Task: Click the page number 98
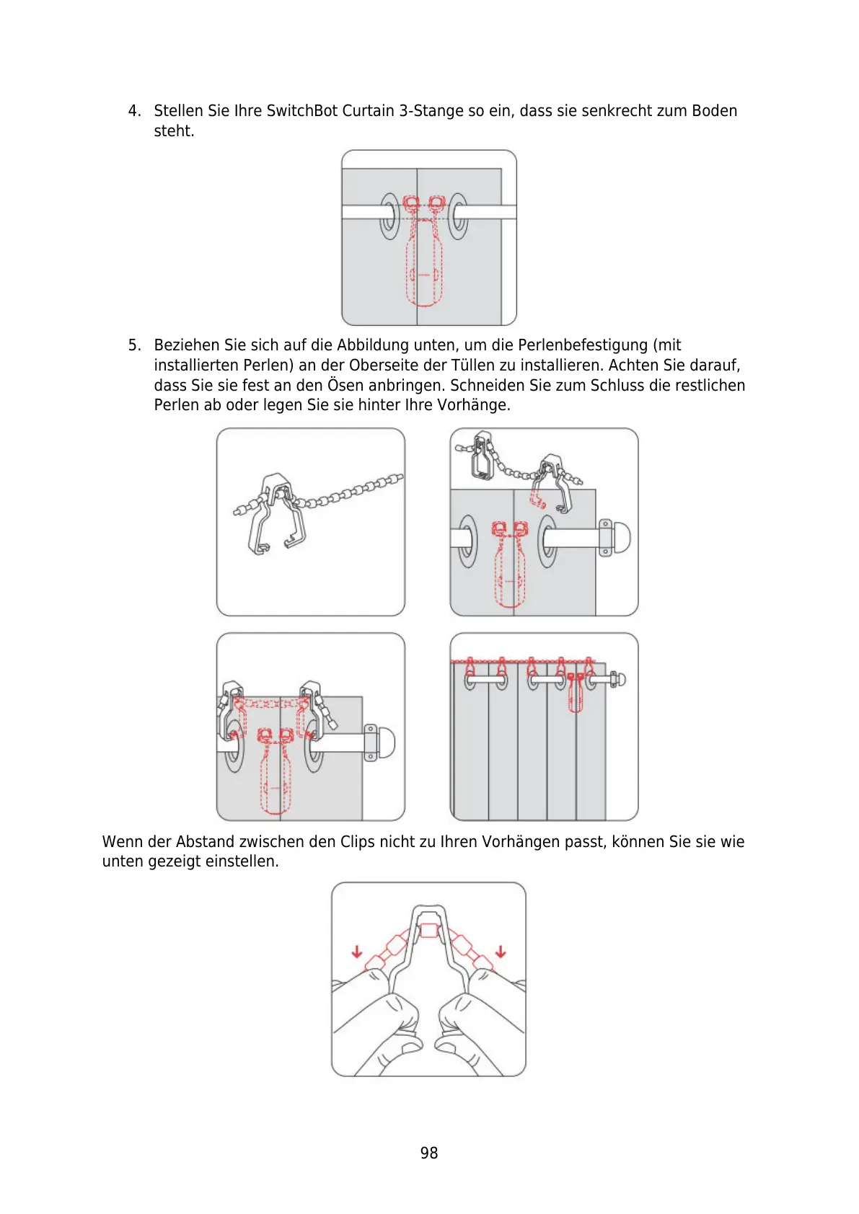428,1153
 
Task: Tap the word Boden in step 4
714,111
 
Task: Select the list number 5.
134,345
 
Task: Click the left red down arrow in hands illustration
357,952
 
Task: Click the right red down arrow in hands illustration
501,952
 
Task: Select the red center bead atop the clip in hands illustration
429,930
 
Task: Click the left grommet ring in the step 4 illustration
389,216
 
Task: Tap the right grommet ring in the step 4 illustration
457,216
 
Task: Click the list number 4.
134,111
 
